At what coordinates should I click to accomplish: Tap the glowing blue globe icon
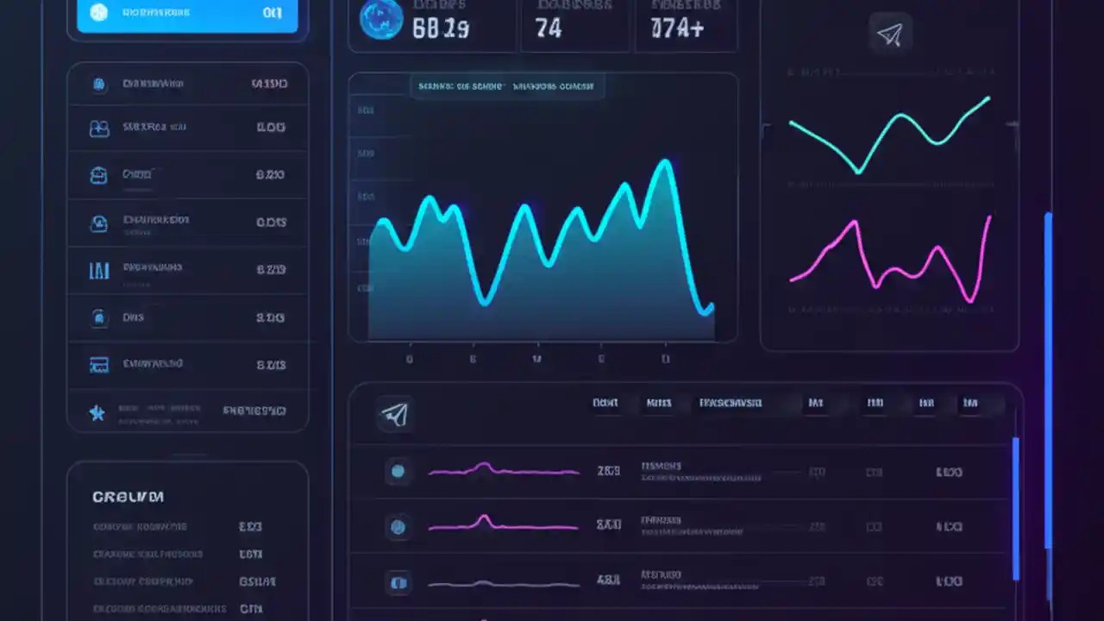(x=380, y=19)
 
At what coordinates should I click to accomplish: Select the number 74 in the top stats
(x=549, y=28)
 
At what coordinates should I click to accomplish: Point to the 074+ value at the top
(x=677, y=28)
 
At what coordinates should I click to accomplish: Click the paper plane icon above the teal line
(x=889, y=34)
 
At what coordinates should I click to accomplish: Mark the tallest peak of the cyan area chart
(x=664, y=164)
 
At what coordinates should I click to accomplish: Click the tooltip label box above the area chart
(x=507, y=86)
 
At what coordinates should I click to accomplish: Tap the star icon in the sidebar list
(x=98, y=412)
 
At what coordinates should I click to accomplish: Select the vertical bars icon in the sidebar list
(x=99, y=271)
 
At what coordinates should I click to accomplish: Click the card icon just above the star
(x=99, y=365)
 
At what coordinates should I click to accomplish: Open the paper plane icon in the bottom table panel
(x=395, y=414)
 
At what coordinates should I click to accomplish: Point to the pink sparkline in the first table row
(x=503, y=470)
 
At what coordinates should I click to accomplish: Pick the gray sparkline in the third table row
(x=503, y=583)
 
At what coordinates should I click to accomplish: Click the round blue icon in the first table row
(x=398, y=471)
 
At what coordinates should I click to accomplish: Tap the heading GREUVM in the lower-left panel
(x=128, y=497)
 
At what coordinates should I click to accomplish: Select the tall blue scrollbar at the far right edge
(x=1048, y=379)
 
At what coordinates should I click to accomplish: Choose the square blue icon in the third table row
(x=398, y=582)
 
